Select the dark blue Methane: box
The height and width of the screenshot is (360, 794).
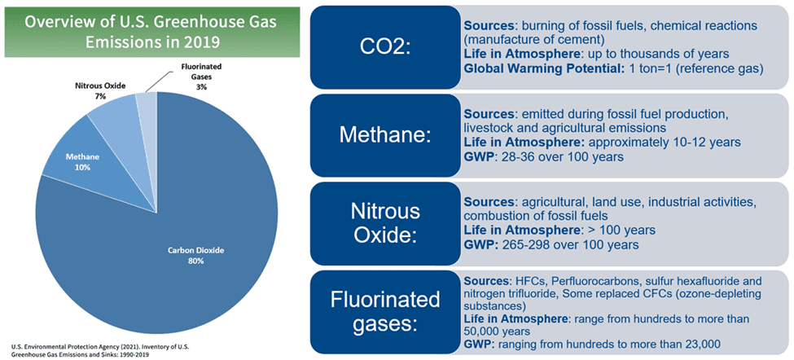coord(385,134)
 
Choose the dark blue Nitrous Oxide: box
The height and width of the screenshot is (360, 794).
coord(385,222)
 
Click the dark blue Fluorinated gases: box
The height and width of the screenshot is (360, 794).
coord(385,314)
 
